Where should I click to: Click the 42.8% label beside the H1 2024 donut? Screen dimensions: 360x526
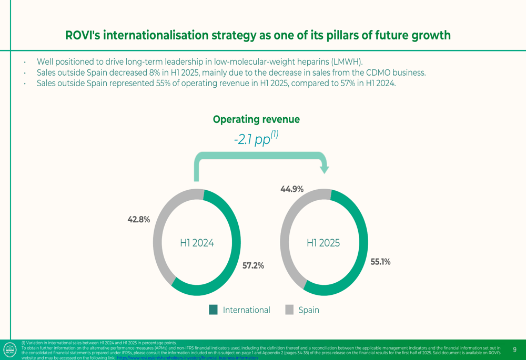[x=139, y=220]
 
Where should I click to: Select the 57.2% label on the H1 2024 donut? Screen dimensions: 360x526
[x=253, y=266]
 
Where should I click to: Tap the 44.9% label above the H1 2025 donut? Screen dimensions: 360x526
[x=292, y=189]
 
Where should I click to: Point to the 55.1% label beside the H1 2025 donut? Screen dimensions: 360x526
[x=380, y=262]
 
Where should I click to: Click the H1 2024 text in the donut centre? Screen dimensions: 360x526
[x=197, y=243]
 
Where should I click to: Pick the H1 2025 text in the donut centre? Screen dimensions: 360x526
[x=323, y=243]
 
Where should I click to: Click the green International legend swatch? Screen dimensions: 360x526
[x=213, y=310]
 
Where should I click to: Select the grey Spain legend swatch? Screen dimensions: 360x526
[x=289, y=310]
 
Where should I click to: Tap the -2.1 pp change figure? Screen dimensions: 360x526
[x=256, y=140]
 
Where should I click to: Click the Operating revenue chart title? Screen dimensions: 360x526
[x=256, y=119]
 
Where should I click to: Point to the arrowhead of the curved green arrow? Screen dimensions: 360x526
[x=325, y=169]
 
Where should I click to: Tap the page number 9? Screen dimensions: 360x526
[x=514, y=349]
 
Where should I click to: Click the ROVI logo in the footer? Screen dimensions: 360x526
[x=10, y=349]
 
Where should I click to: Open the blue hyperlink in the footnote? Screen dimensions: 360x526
[x=187, y=357]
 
